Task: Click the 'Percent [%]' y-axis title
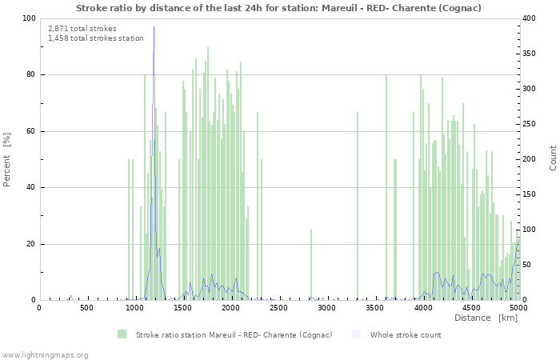[x=7, y=159]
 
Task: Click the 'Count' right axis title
[x=553, y=159]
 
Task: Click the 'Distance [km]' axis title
[x=486, y=318]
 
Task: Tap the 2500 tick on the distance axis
[x=278, y=307]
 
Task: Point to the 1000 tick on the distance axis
[x=134, y=307]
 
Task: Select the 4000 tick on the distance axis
[x=422, y=307]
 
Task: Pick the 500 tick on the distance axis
[x=86, y=307]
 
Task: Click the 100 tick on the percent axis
[x=29, y=18]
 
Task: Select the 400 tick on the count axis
[x=530, y=18]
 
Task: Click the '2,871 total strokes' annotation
[x=82, y=29]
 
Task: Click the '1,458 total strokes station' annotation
[x=96, y=38]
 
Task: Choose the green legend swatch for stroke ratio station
[x=122, y=334]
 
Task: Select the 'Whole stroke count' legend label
[x=405, y=334]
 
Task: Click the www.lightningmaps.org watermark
[x=45, y=354]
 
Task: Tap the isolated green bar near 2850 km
[x=311, y=265]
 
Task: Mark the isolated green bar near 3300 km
[x=358, y=206]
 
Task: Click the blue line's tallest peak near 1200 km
[x=154, y=29]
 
